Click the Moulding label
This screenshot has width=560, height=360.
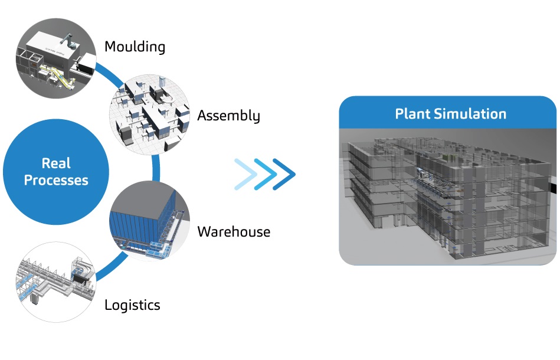135,47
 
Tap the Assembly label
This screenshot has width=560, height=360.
228,116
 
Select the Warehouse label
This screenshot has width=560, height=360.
234,232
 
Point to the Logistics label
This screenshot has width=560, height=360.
132,305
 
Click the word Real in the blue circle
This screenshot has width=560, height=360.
56,163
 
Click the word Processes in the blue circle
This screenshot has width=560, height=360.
56,180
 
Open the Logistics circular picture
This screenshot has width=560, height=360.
56,282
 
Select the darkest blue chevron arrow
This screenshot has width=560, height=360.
284,174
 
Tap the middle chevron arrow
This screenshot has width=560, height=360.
265,174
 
